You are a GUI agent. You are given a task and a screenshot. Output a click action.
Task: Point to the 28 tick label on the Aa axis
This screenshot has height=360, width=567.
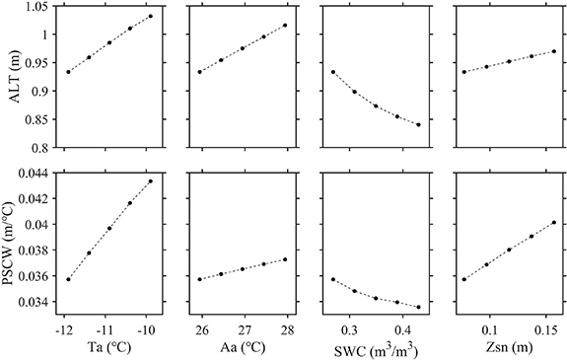tap(285, 326)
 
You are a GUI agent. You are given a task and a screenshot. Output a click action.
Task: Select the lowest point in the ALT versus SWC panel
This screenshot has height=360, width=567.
tap(418, 125)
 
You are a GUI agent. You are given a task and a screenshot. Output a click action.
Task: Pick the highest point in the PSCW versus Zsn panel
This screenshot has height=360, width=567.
tap(554, 222)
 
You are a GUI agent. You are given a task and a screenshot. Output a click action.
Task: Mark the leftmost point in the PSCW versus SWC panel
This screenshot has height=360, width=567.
tap(333, 279)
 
